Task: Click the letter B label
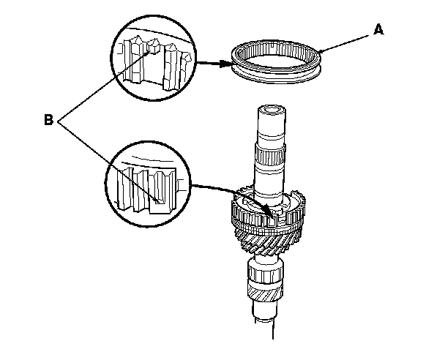(48, 119)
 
